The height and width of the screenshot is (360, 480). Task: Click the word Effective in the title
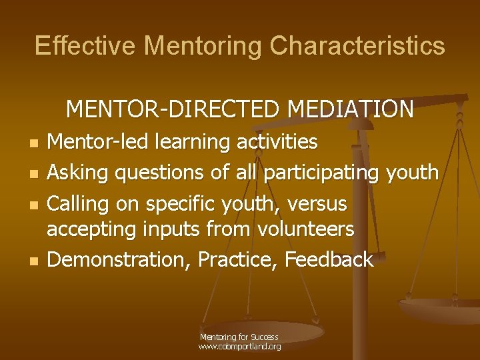pos(85,46)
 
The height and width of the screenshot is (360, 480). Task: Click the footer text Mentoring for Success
pos(239,337)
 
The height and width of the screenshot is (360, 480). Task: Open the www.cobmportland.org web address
pos(239,347)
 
